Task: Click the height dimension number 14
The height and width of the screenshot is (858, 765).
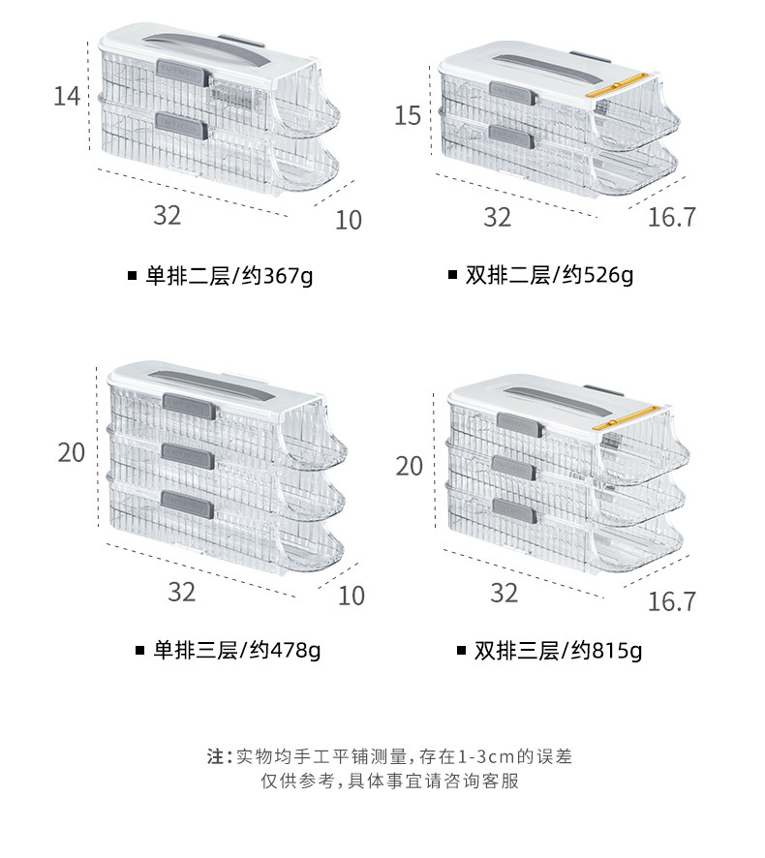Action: (67, 97)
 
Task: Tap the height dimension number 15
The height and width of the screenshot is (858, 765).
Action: (408, 116)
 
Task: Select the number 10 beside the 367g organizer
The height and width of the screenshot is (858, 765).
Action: (348, 220)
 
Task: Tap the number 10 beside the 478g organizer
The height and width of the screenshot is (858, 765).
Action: (352, 596)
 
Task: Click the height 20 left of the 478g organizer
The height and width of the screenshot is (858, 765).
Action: (71, 453)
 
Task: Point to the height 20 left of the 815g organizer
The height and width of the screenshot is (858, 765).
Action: (409, 467)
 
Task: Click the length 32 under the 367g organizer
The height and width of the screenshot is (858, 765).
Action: (167, 215)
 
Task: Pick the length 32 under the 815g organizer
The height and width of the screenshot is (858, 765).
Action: (504, 593)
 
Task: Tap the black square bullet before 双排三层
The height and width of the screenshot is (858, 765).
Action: (462, 651)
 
